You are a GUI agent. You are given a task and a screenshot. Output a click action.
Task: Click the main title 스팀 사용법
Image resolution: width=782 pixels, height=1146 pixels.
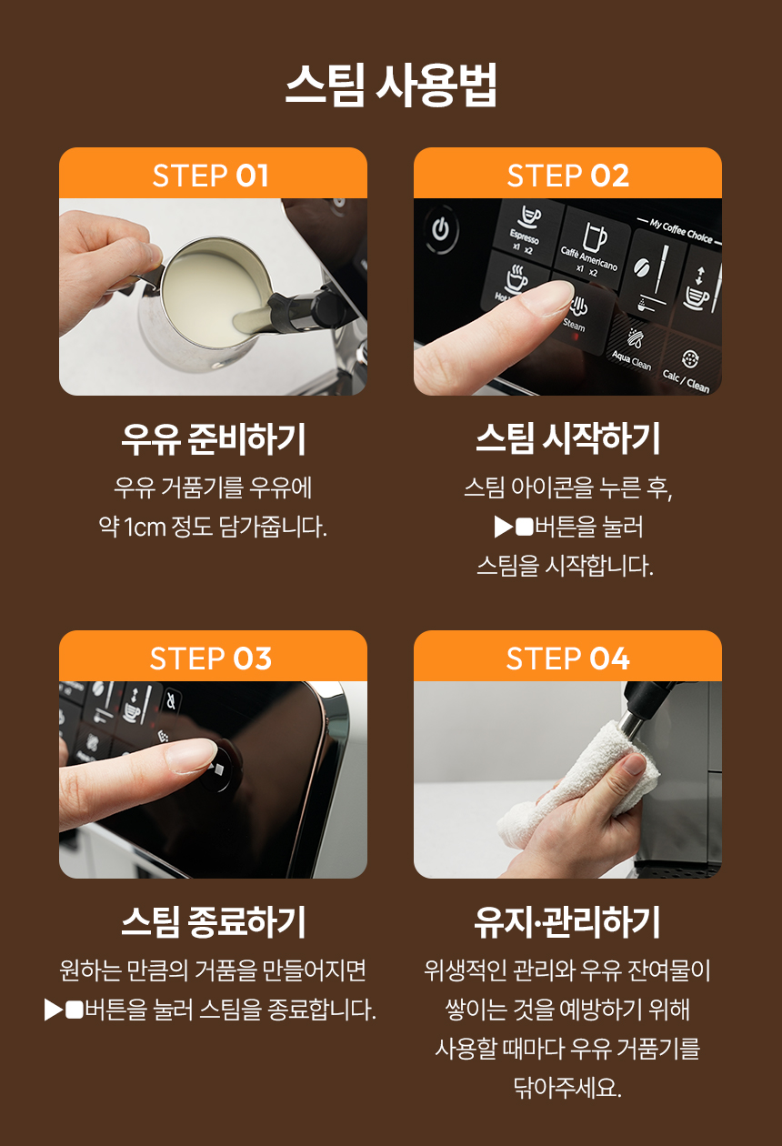tap(391, 85)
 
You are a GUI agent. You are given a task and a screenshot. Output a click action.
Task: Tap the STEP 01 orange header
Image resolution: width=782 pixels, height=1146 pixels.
tap(213, 174)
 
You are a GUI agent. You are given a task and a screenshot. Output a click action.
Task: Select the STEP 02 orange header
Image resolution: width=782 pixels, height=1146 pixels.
tap(567, 174)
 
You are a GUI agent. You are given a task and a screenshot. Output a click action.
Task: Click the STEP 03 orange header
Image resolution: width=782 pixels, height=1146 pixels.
tap(213, 657)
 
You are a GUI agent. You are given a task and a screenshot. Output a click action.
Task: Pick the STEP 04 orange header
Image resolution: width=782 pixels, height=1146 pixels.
tap(567, 657)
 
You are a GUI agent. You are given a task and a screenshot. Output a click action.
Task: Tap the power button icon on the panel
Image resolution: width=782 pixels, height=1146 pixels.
tap(440, 229)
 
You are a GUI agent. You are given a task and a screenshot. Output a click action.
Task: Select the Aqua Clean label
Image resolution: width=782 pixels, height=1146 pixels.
tap(632, 360)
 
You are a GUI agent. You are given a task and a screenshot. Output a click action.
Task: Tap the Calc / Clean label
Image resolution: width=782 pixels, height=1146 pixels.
tap(686, 380)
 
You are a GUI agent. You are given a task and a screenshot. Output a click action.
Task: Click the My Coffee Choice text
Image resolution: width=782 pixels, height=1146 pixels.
tap(681, 231)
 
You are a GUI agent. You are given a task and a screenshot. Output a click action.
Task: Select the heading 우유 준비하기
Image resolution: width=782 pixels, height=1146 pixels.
tap(214, 439)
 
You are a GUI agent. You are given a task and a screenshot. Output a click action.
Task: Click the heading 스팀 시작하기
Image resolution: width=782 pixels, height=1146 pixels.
tap(567, 439)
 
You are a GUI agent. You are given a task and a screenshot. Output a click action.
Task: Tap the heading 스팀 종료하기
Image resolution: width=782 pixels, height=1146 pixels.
tap(214, 921)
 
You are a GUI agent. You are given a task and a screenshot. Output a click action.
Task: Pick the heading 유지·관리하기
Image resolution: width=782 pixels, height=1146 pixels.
tap(567, 921)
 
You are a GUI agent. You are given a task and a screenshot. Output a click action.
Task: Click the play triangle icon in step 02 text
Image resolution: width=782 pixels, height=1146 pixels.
tap(503, 527)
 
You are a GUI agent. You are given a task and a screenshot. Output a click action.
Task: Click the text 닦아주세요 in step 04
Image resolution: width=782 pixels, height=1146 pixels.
tap(567, 1087)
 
